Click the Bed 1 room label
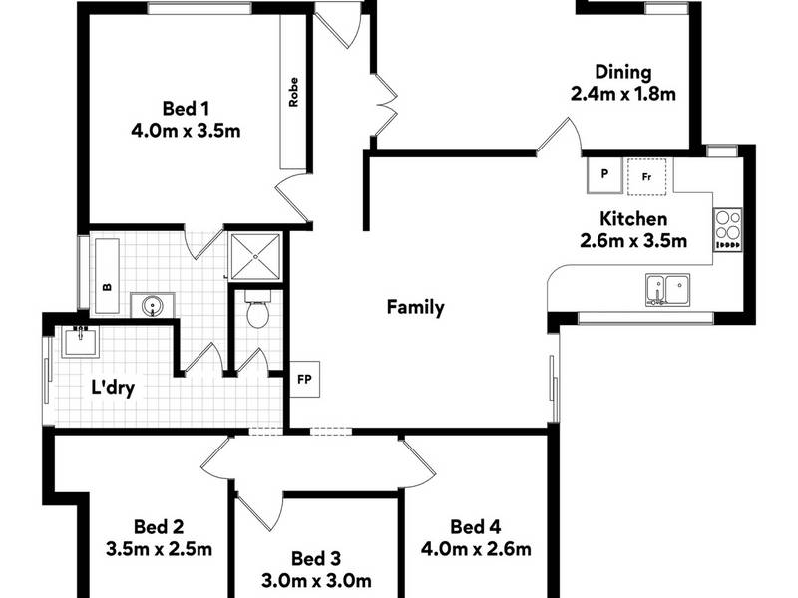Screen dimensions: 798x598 (x=186, y=109)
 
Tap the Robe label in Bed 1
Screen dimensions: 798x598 (x=293, y=92)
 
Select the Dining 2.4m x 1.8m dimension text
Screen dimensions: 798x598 (x=622, y=94)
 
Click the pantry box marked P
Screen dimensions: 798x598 (x=604, y=175)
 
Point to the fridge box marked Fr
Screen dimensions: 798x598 (x=646, y=177)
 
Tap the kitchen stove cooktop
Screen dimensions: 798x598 (x=727, y=230)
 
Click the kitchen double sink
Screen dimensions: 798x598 (x=668, y=290)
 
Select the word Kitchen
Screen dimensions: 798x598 (x=633, y=218)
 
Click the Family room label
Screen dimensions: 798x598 (x=415, y=307)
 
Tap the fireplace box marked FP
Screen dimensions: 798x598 (x=305, y=379)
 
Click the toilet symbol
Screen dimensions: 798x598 (x=258, y=309)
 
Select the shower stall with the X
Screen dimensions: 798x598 (x=255, y=257)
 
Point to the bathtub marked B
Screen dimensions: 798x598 (x=107, y=276)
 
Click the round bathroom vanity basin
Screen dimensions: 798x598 (x=153, y=306)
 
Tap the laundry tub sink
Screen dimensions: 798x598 (x=81, y=341)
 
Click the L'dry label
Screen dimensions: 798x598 (x=113, y=388)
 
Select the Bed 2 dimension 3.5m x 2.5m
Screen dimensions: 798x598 (x=159, y=549)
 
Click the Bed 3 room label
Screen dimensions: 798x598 (x=315, y=558)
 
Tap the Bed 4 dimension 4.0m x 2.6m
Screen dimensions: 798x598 (x=476, y=549)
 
